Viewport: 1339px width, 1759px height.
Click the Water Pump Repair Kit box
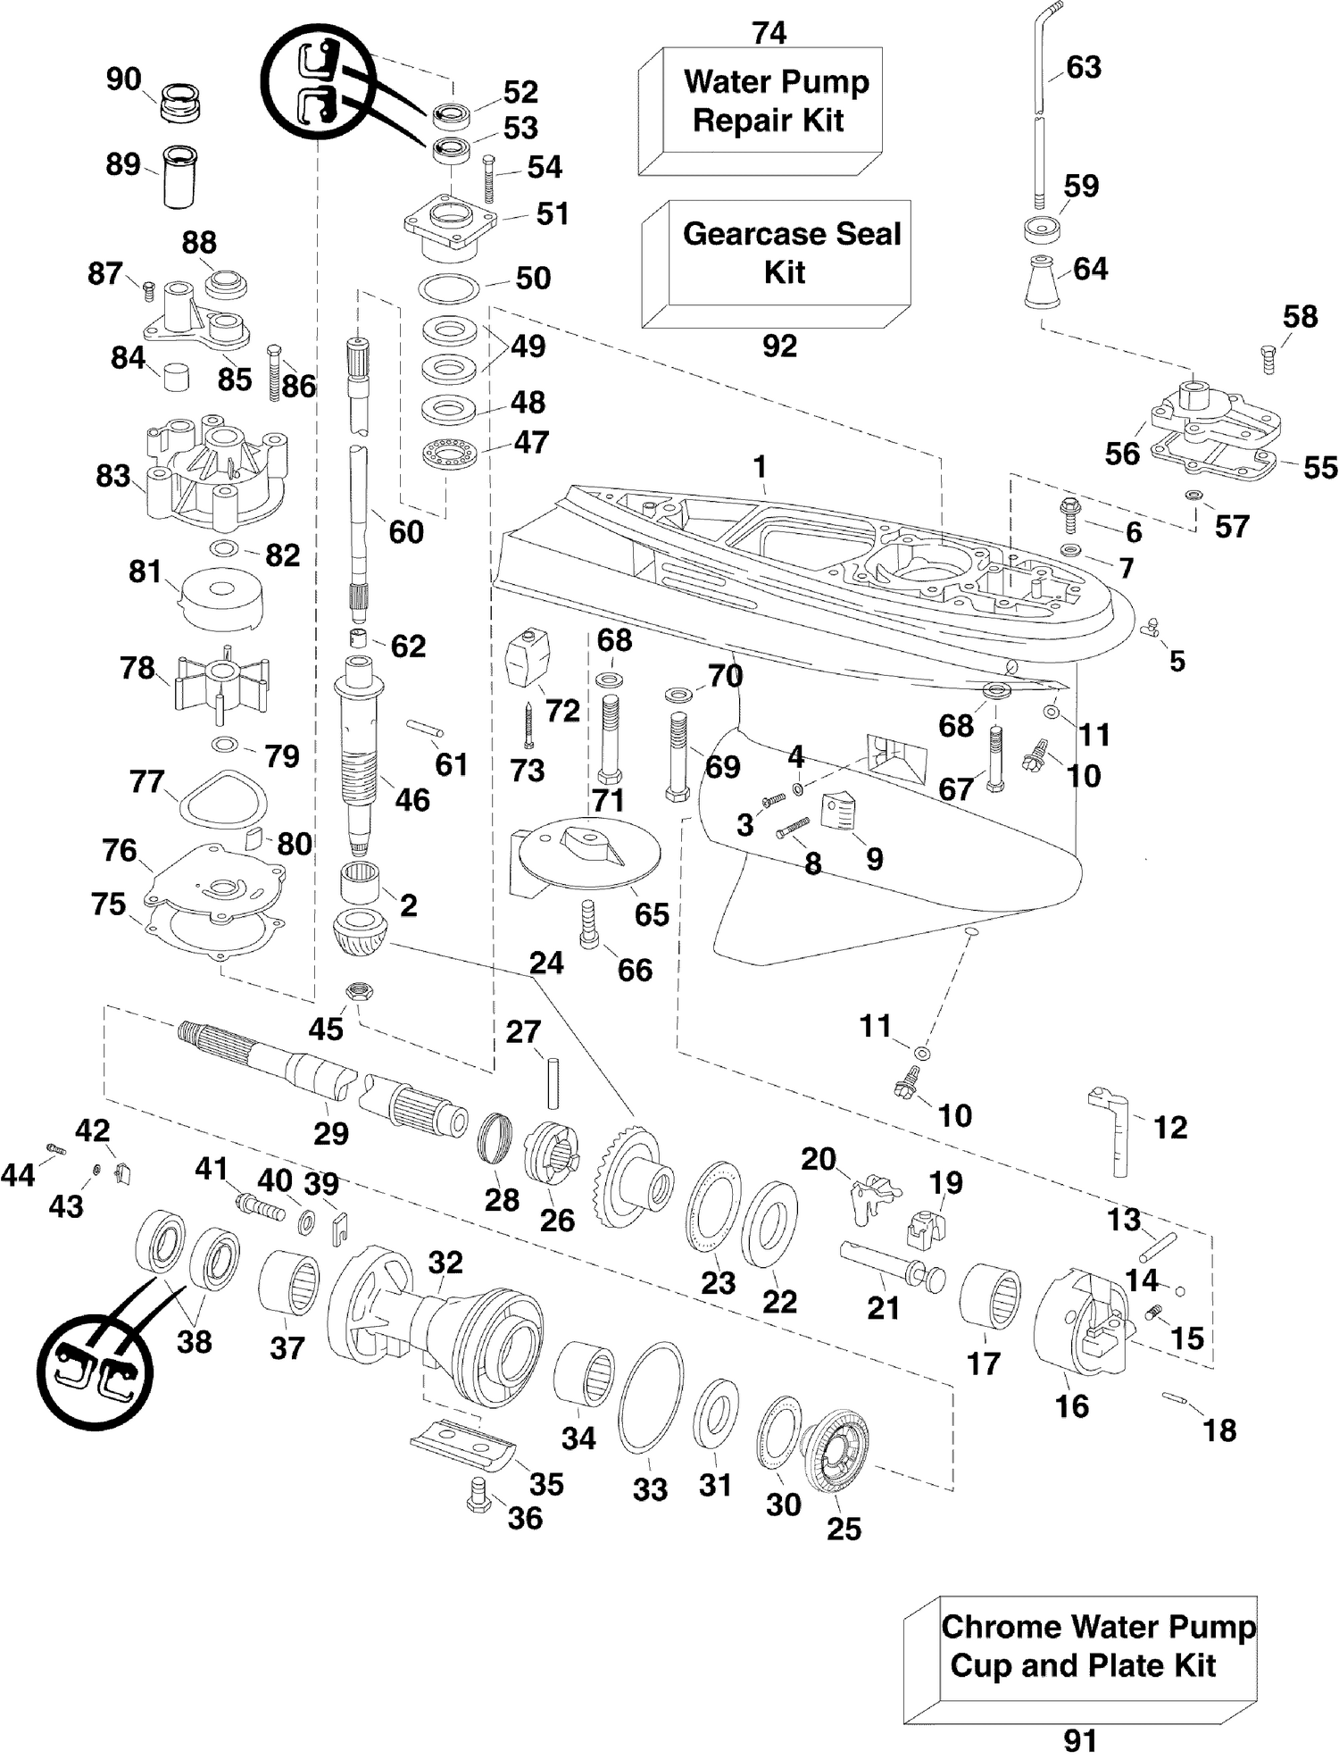click(761, 111)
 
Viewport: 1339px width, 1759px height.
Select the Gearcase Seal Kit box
click(776, 263)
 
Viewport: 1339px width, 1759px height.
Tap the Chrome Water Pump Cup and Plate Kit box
click(1080, 1659)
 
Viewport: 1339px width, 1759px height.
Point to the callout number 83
click(113, 476)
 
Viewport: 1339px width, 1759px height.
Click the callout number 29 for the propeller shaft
click(330, 1133)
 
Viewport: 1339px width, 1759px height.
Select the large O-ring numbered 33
click(651, 1398)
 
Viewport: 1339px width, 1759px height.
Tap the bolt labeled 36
click(478, 1494)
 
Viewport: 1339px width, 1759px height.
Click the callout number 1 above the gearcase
click(760, 466)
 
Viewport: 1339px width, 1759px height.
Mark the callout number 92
click(779, 346)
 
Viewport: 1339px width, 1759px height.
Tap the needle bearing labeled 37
click(288, 1283)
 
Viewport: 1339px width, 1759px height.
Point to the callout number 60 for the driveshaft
click(406, 532)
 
